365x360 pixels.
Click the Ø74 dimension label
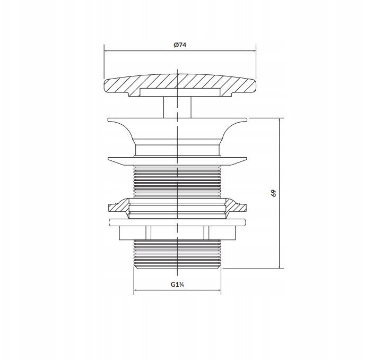point(180,45)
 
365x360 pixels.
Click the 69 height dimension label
point(274,193)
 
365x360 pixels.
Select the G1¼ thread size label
point(178,285)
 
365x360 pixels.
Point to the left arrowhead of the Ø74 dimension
point(106,51)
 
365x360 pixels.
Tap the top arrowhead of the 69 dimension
point(280,120)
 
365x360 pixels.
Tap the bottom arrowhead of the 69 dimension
point(280,267)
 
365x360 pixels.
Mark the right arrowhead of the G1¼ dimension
point(219,290)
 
